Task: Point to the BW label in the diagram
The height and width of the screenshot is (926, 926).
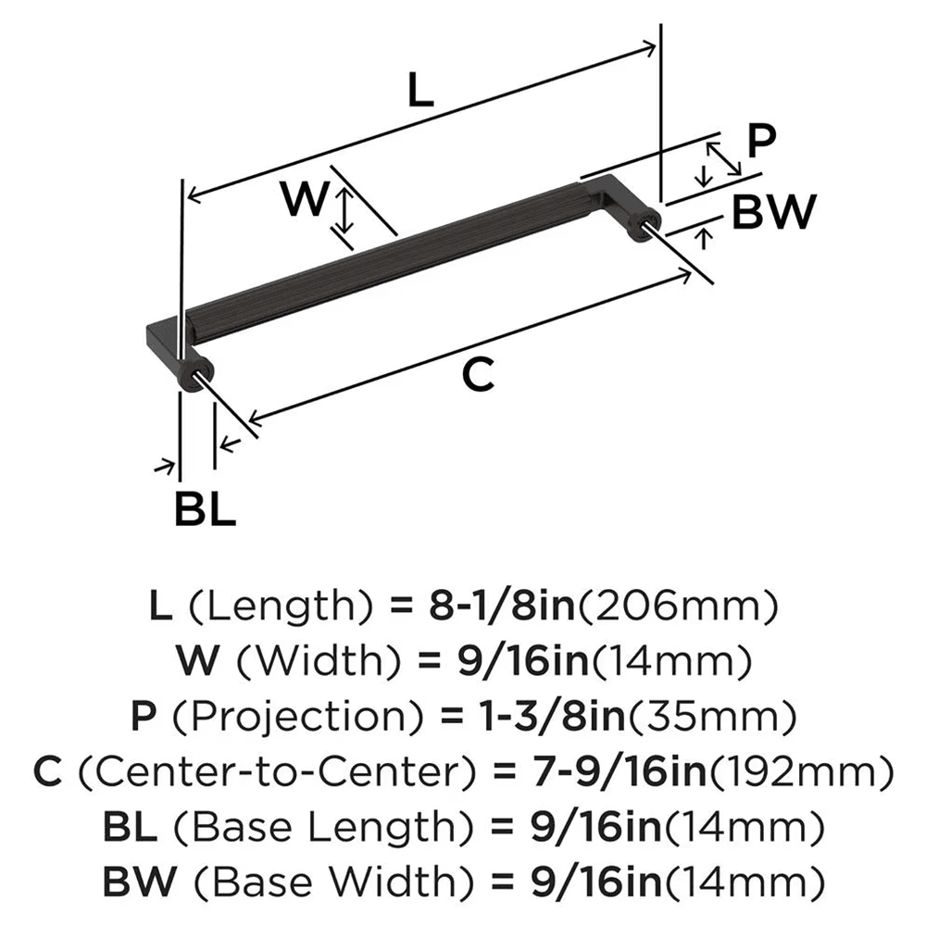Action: [x=773, y=213]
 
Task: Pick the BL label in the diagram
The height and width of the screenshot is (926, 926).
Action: [x=206, y=508]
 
